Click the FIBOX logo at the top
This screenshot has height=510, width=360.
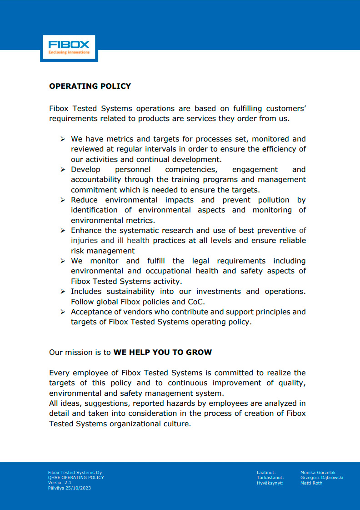69,47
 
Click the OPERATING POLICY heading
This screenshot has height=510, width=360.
90,86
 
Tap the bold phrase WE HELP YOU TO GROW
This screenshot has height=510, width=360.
162,352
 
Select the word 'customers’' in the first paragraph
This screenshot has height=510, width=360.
286,109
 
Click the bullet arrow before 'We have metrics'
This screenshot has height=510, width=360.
63,139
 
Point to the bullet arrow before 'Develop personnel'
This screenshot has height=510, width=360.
63,170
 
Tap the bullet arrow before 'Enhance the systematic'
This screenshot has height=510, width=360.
63,231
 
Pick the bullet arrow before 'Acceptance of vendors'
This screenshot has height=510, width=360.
63,312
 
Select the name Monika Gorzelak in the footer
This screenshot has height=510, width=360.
318,473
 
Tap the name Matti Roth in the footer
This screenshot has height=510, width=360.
311,483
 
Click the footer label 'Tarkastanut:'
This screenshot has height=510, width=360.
270,478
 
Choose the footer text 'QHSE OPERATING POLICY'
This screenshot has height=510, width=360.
76,478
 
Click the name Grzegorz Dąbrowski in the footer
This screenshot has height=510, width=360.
321,478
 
